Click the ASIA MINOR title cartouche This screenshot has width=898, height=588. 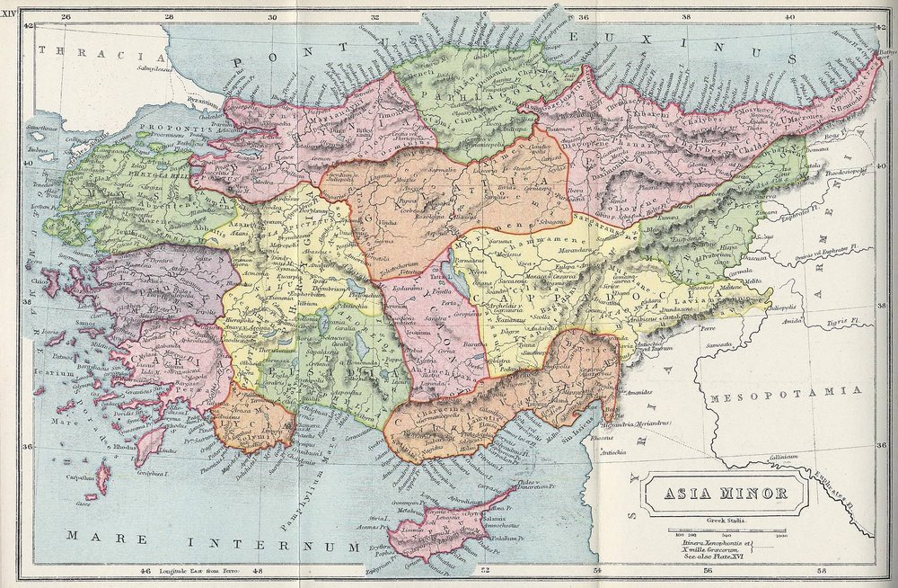(714, 493)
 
